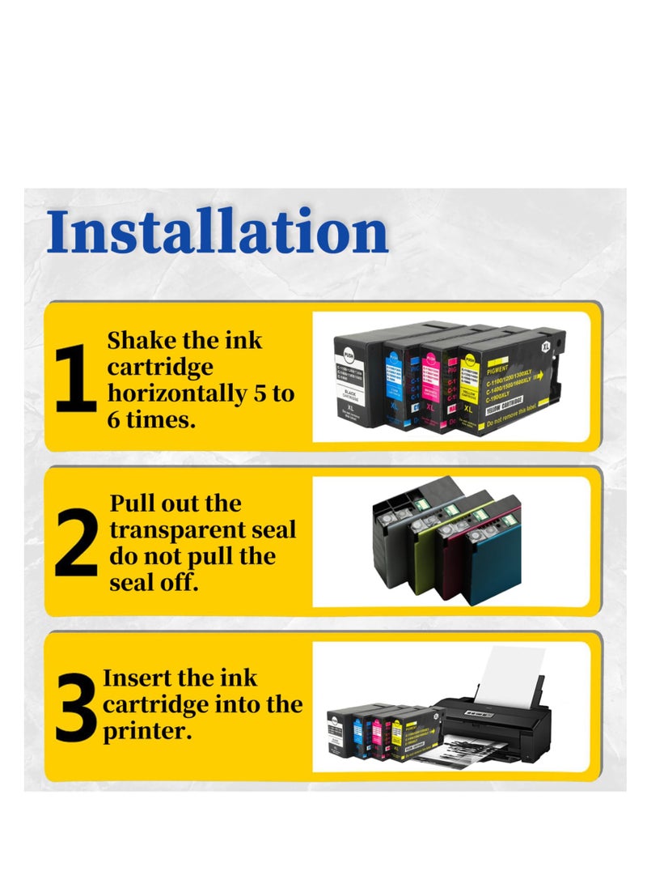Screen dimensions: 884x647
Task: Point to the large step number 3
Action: pos(77,708)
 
